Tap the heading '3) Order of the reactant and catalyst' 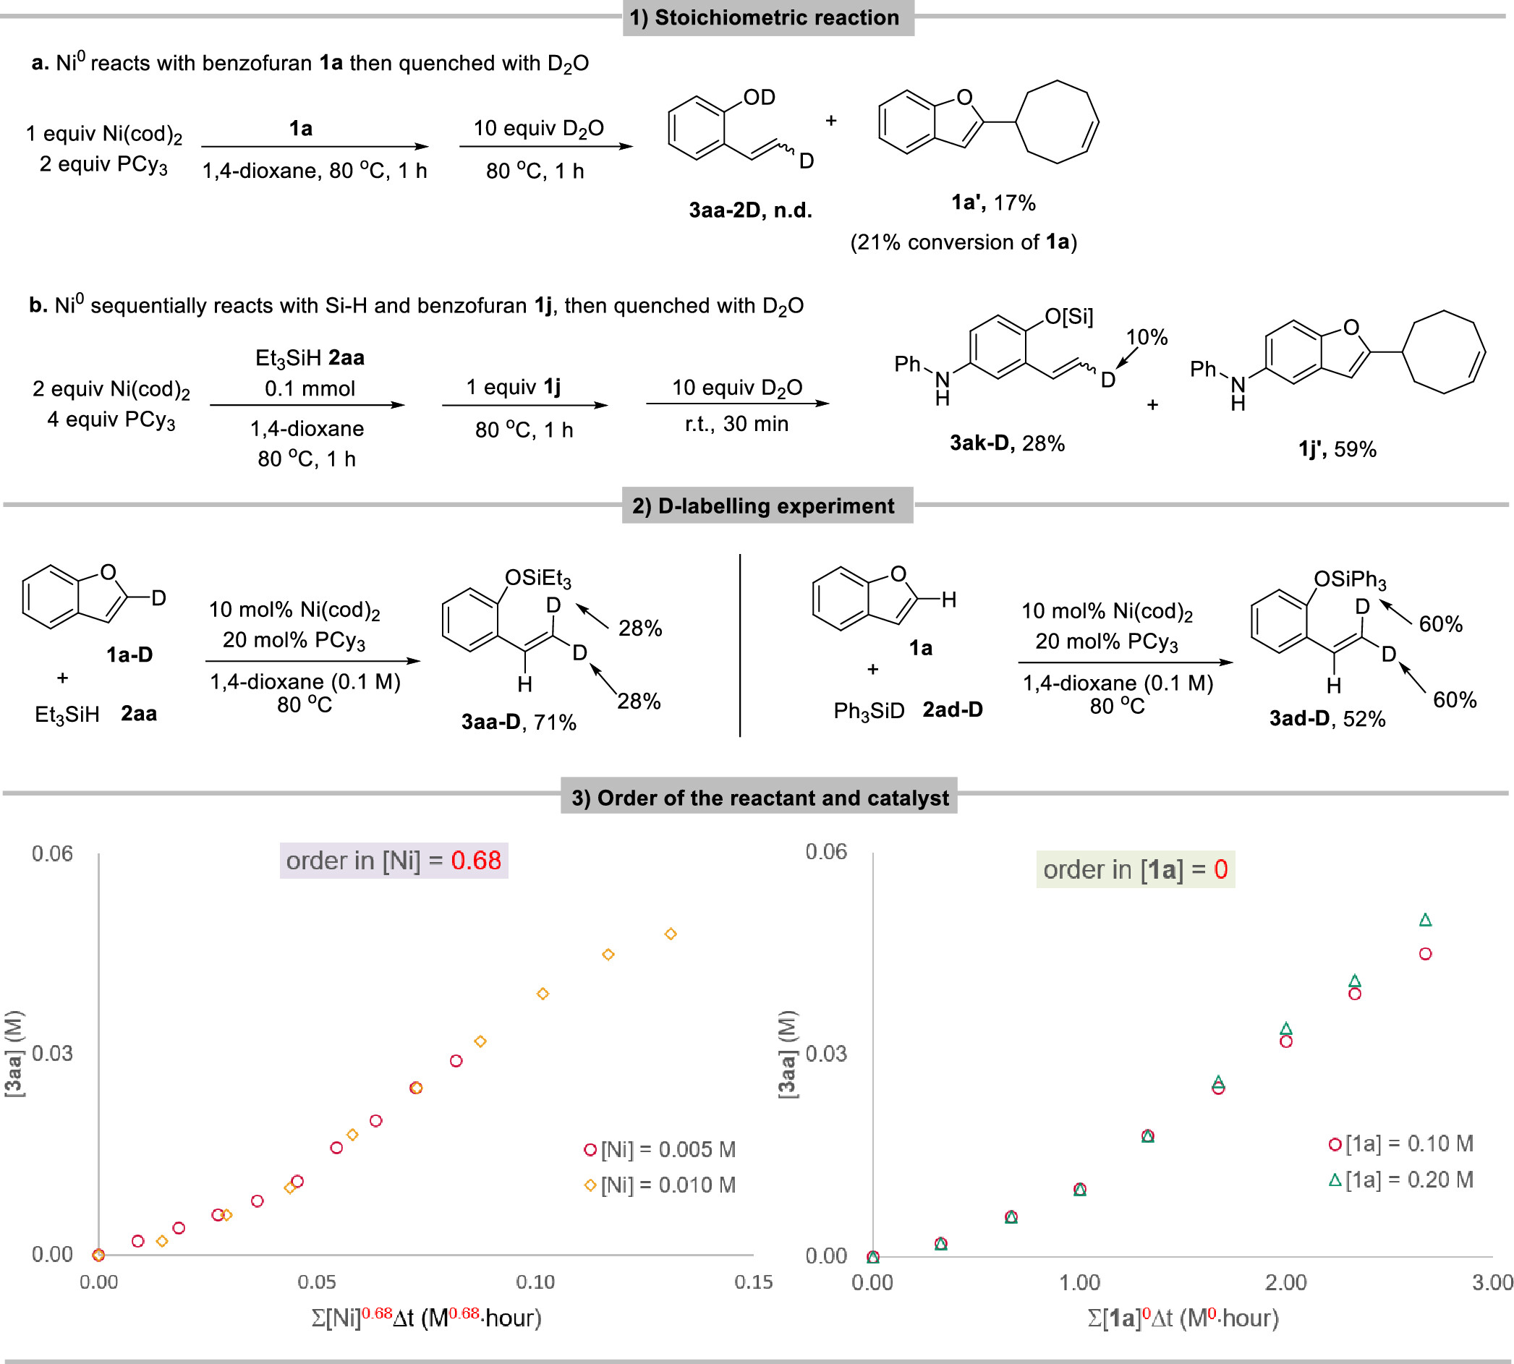coord(760,798)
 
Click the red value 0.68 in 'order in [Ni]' coord(475,861)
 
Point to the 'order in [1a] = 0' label coord(1135,869)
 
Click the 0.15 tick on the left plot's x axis coord(752,1282)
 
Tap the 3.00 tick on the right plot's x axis coord(1492,1282)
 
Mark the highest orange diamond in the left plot coord(671,934)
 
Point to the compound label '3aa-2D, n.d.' coord(750,210)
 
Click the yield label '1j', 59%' coord(1337,450)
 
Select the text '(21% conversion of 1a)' coord(963,242)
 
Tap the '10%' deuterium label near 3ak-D coord(1147,337)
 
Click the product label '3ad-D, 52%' coord(1327,719)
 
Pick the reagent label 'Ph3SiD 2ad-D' coord(908,709)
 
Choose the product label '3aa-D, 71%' coord(519,722)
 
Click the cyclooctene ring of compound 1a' coord(1058,122)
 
